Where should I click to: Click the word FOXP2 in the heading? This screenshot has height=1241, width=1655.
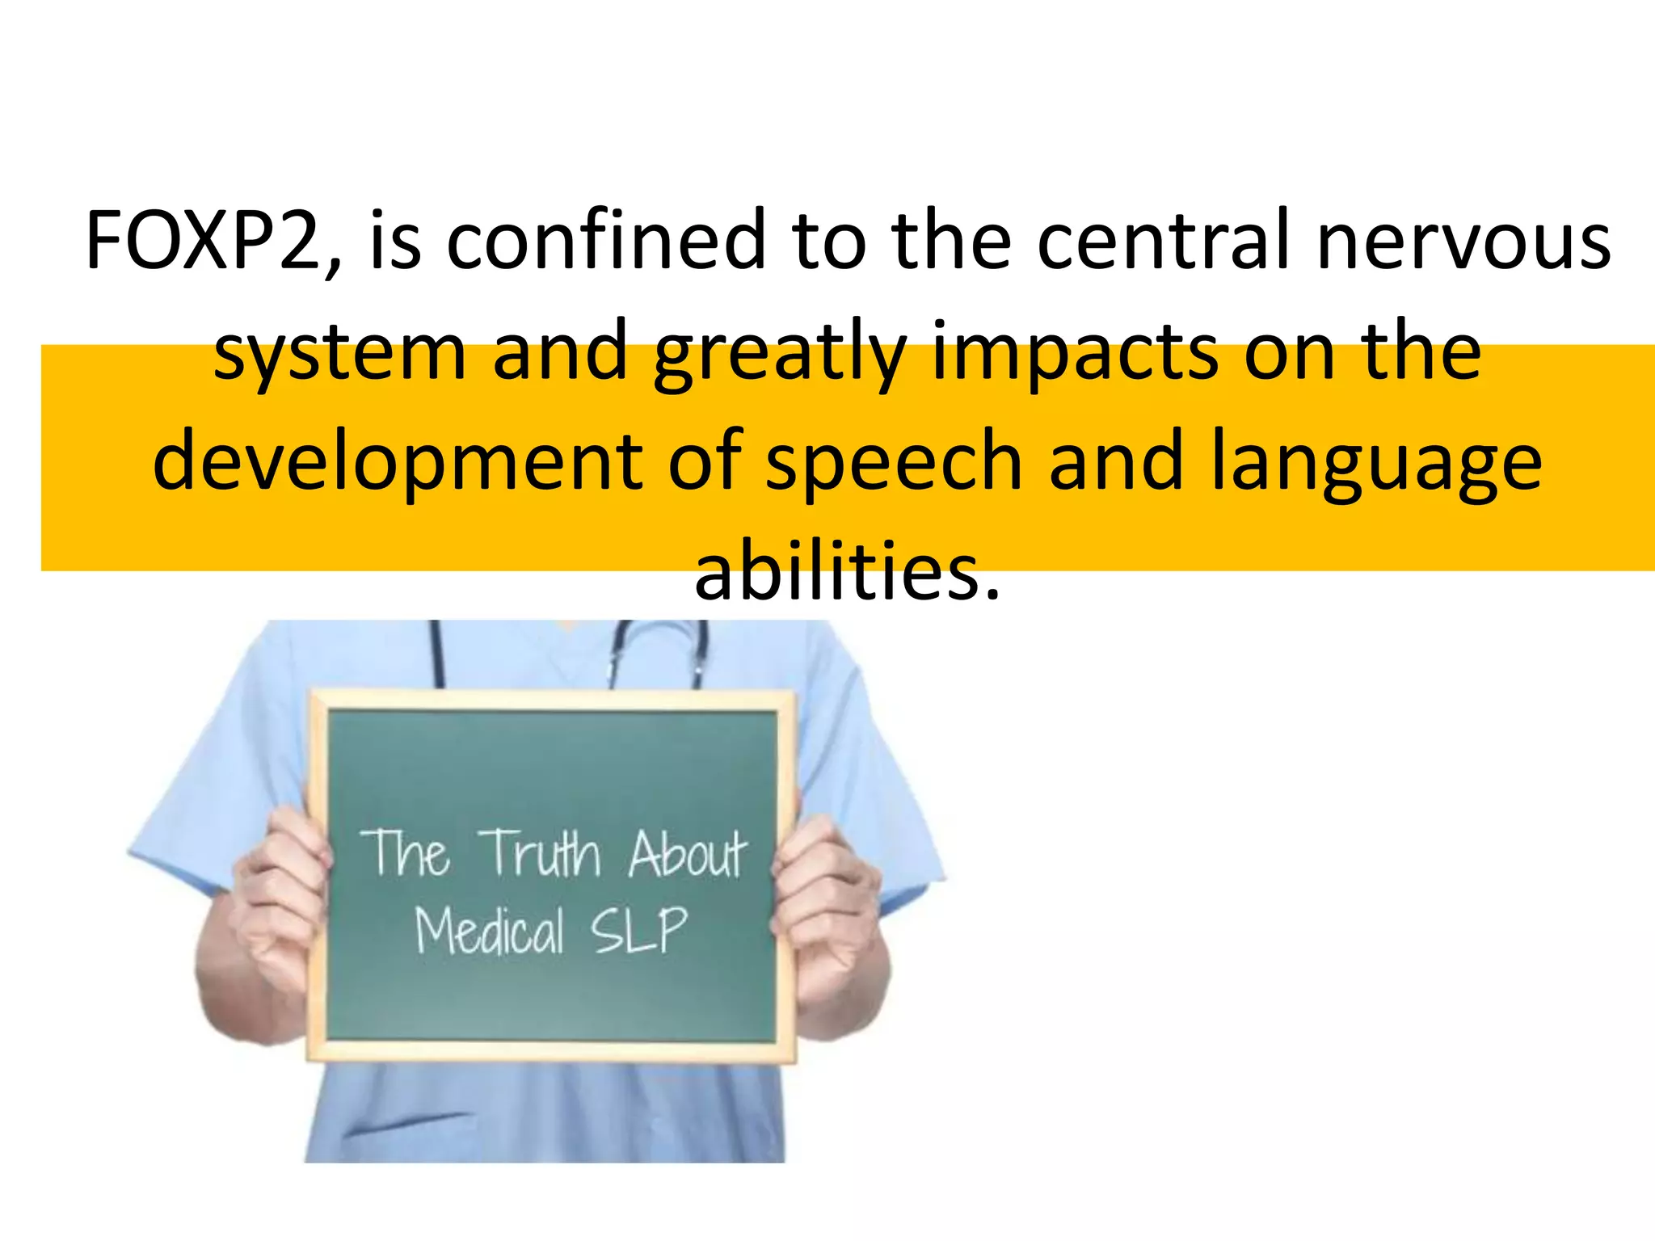click(x=207, y=240)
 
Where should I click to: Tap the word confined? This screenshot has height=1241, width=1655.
click(x=605, y=240)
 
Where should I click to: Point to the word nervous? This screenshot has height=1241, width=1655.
click(x=1463, y=240)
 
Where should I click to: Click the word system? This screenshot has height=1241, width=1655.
click(x=339, y=352)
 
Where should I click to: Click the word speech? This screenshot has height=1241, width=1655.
click(x=894, y=463)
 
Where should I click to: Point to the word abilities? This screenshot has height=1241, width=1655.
click(x=847, y=572)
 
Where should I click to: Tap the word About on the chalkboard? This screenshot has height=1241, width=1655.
click(x=688, y=853)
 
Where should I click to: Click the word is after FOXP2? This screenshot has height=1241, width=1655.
click(x=395, y=240)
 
